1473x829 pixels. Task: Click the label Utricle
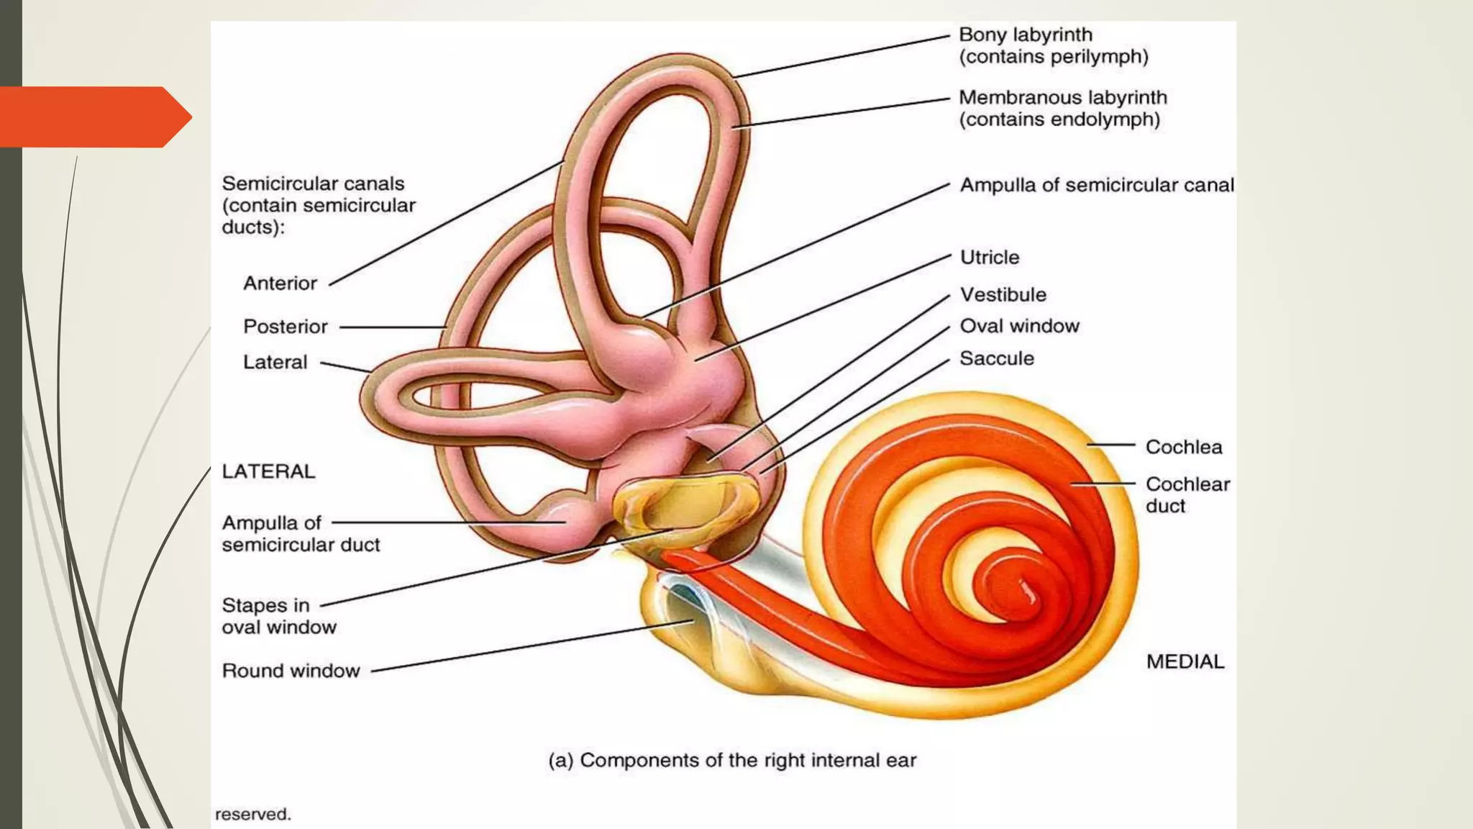(x=990, y=258)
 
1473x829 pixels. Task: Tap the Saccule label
(x=997, y=358)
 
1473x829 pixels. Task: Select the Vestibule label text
(x=1003, y=294)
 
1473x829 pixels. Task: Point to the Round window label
(x=291, y=671)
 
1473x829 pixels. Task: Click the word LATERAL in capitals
(x=268, y=471)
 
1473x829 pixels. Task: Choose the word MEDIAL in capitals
(x=1185, y=661)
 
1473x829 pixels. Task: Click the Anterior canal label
(x=280, y=283)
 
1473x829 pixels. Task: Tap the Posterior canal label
(x=286, y=327)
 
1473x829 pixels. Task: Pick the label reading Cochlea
(x=1184, y=447)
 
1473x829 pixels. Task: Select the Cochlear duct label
(x=1188, y=494)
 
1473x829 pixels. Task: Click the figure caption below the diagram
(x=732, y=761)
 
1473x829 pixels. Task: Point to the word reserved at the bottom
(x=252, y=814)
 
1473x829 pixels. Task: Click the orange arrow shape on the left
(x=96, y=117)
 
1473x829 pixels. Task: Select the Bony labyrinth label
(x=1054, y=45)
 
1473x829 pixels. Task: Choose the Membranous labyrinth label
(x=1063, y=108)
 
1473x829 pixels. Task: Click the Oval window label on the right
(x=1020, y=326)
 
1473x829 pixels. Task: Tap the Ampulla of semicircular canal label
(x=1097, y=186)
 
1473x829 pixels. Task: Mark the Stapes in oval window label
(x=279, y=616)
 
